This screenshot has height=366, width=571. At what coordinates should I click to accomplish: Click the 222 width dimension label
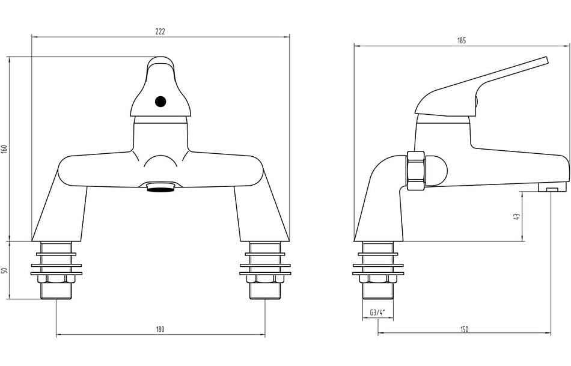click(160, 31)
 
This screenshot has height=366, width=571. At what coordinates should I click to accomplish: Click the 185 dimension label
click(462, 41)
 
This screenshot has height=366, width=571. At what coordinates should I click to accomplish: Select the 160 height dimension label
click(4, 149)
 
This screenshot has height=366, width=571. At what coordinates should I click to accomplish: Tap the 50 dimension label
click(4, 270)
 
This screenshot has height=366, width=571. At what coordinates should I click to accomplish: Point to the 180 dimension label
click(160, 329)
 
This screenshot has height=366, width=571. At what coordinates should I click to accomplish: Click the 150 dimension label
click(464, 329)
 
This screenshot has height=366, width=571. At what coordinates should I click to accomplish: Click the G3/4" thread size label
click(377, 313)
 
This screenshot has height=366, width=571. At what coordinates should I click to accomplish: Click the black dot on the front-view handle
click(160, 102)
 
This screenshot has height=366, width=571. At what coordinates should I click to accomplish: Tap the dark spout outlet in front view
click(160, 189)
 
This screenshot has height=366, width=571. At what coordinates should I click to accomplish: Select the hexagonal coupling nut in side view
click(416, 171)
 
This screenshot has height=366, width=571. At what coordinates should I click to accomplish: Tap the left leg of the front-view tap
click(60, 213)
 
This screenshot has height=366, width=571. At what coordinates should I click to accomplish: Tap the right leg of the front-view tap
click(260, 213)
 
